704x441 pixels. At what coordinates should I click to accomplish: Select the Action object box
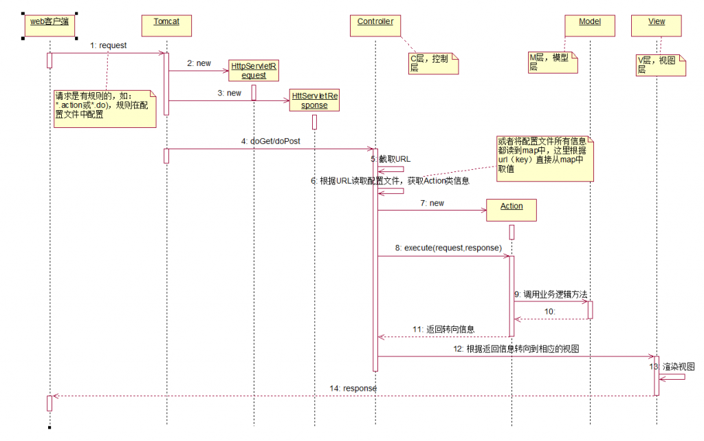pyautogui.click(x=511, y=208)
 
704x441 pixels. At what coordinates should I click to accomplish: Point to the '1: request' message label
pyautogui.click(x=108, y=45)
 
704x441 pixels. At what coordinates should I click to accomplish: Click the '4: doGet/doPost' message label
pyautogui.click(x=270, y=141)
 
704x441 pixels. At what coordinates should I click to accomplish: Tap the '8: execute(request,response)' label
pyautogui.click(x=448, y=247)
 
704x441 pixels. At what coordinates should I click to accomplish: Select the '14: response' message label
pyautogui.click(x=353, y=388)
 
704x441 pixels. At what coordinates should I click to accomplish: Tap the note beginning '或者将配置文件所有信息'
pyautogui.click(x=544, y=158)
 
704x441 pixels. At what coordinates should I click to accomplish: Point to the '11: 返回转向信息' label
pyautogui.click(x=443, y=330)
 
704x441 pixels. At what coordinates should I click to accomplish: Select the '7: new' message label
pyautogui.click(x=432, y=203)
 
